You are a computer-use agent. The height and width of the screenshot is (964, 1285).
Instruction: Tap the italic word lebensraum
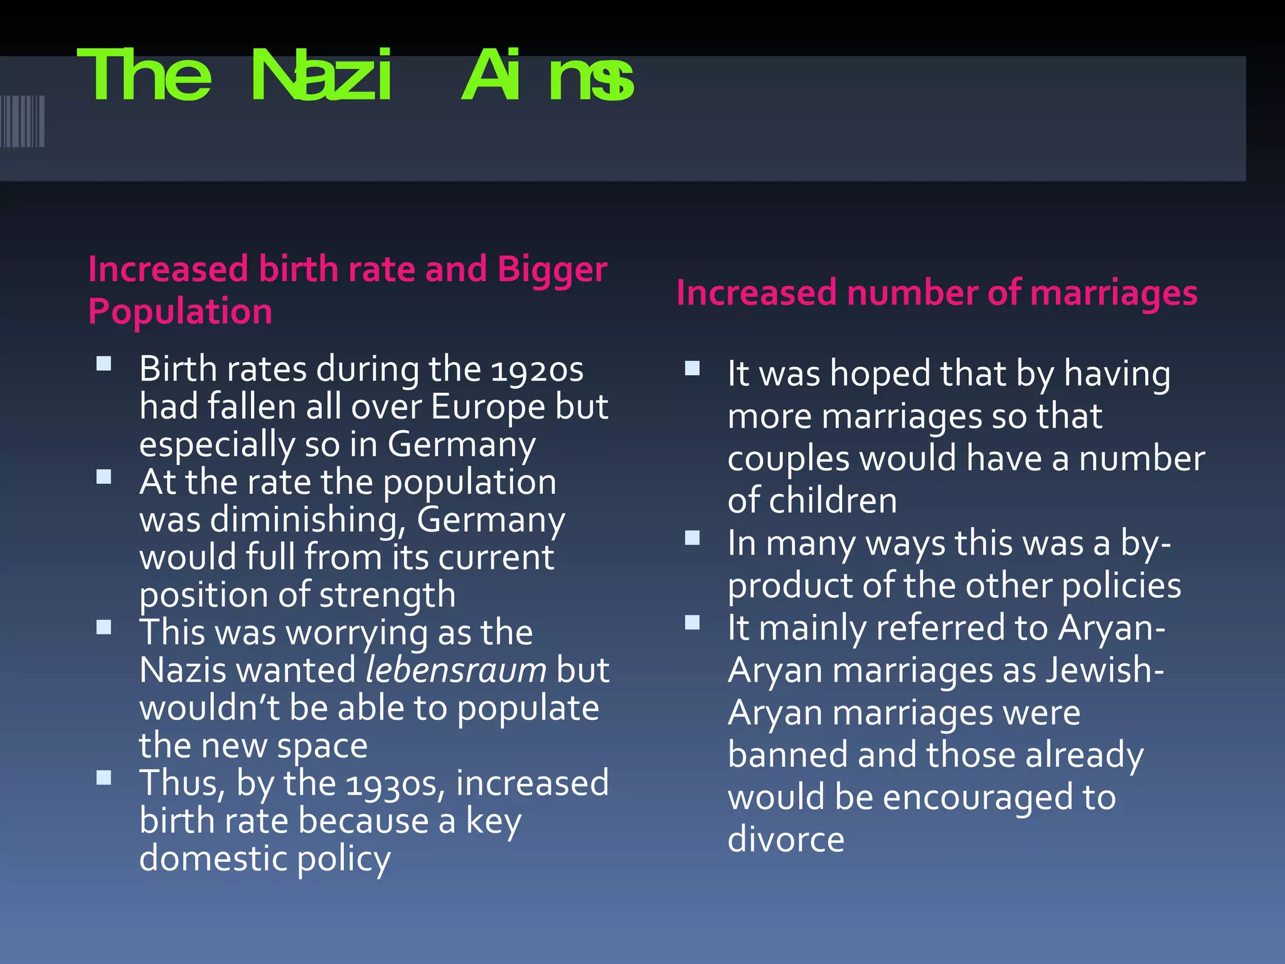(456, 670)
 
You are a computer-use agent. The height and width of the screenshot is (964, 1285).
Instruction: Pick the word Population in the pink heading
(180, 312)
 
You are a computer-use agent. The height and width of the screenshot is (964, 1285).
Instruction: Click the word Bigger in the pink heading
(552, 270)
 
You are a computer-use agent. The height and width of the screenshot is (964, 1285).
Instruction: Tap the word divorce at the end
(786, 839)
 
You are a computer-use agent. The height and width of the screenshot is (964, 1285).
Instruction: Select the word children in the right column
(833, 501)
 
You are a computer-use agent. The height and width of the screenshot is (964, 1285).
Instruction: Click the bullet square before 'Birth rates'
(104, 364)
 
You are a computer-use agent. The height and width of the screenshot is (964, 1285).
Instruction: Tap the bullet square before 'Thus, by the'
(104, 778)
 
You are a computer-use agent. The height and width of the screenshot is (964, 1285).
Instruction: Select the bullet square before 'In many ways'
(692, 538)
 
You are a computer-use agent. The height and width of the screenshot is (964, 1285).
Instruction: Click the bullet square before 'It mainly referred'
(692, 623)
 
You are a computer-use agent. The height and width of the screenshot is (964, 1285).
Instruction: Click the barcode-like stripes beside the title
(23, 121)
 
